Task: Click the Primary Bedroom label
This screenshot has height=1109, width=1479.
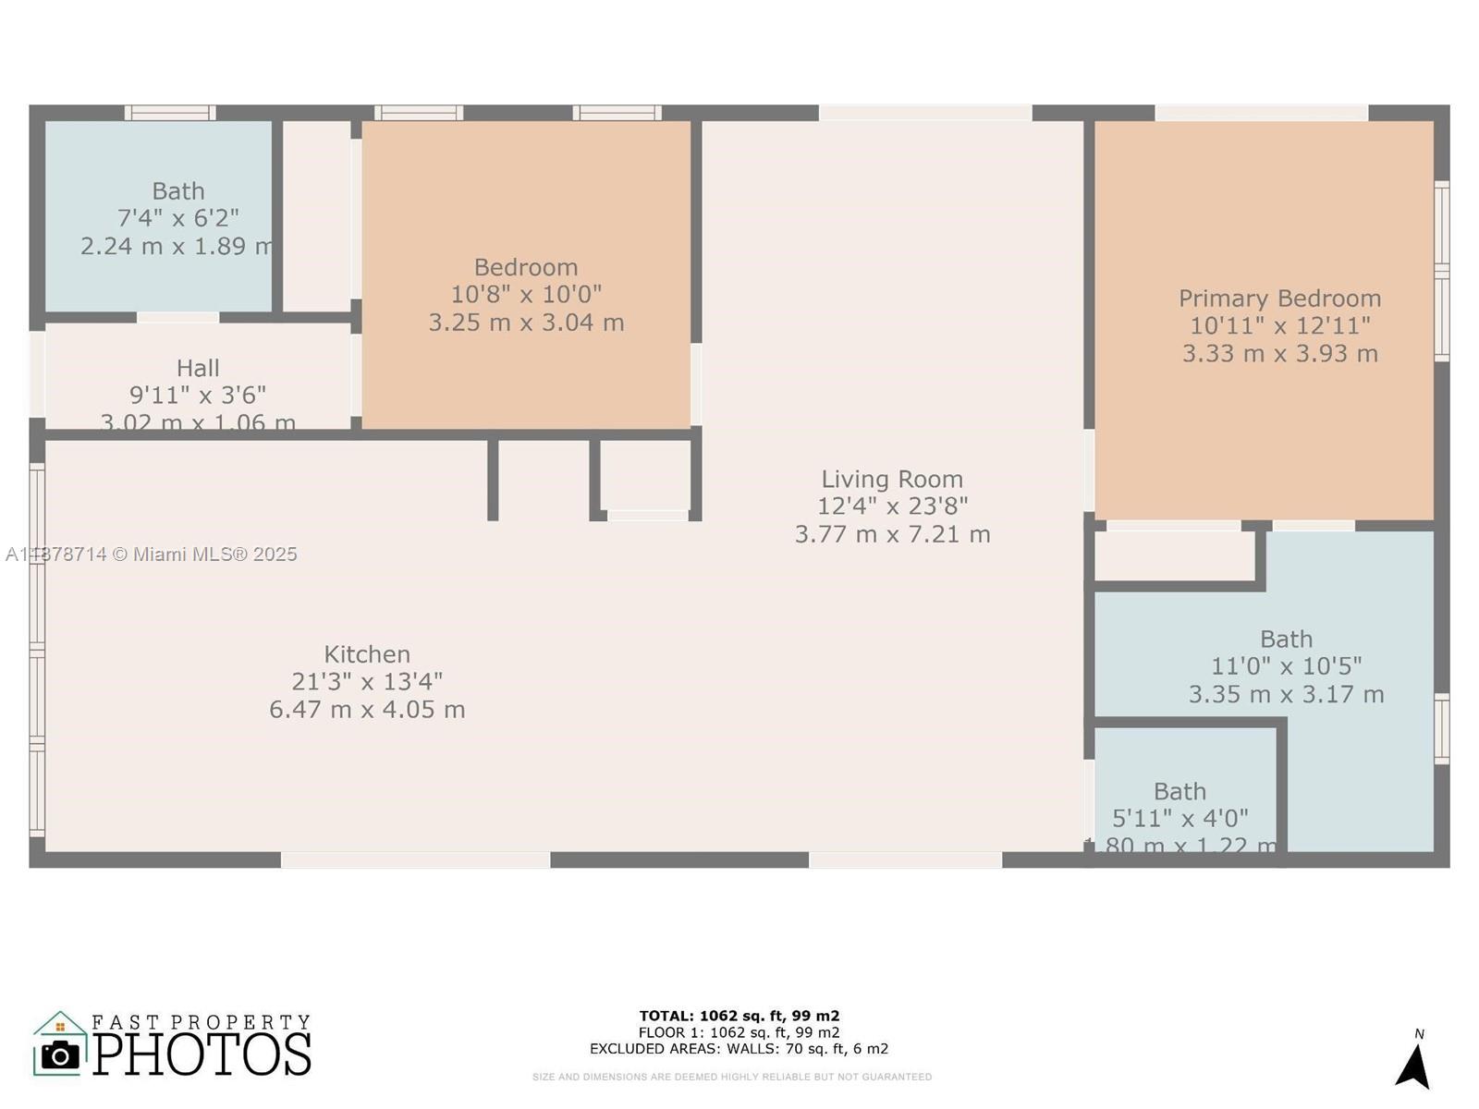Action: click(1279, 299)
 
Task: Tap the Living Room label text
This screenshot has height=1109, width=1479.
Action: click(892, 479)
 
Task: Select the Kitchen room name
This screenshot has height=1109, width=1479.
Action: click(367, 654)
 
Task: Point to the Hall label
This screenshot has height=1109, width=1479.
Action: click(198, 368)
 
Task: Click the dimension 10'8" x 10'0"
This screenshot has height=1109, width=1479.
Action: click(526, 295)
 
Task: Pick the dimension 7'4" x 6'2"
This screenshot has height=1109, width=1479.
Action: click(178, 218)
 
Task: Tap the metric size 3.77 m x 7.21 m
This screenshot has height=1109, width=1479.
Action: click(892, 534)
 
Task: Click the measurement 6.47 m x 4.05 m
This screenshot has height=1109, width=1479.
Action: click(367, 710)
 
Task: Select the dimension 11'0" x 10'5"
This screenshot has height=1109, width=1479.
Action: click(1286, 666)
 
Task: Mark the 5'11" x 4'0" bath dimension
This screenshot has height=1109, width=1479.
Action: click(1180, 819)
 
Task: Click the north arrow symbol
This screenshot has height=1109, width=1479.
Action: click(1413, 1066)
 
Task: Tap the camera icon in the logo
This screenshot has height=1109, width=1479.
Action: click(61, 1054)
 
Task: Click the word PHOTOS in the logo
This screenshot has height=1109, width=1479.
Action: click(202, 1054)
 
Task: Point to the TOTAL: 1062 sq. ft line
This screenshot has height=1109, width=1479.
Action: click(739, 1017)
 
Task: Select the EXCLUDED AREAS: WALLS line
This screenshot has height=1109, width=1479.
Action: click(739, 1049)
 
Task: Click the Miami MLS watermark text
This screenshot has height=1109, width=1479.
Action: click(153, 554)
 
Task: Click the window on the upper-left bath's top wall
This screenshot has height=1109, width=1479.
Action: click(170, 113)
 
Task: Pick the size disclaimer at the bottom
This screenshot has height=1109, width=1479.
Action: click(732, 1077)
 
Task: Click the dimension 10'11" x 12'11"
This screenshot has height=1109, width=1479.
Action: click(1279, 326)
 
